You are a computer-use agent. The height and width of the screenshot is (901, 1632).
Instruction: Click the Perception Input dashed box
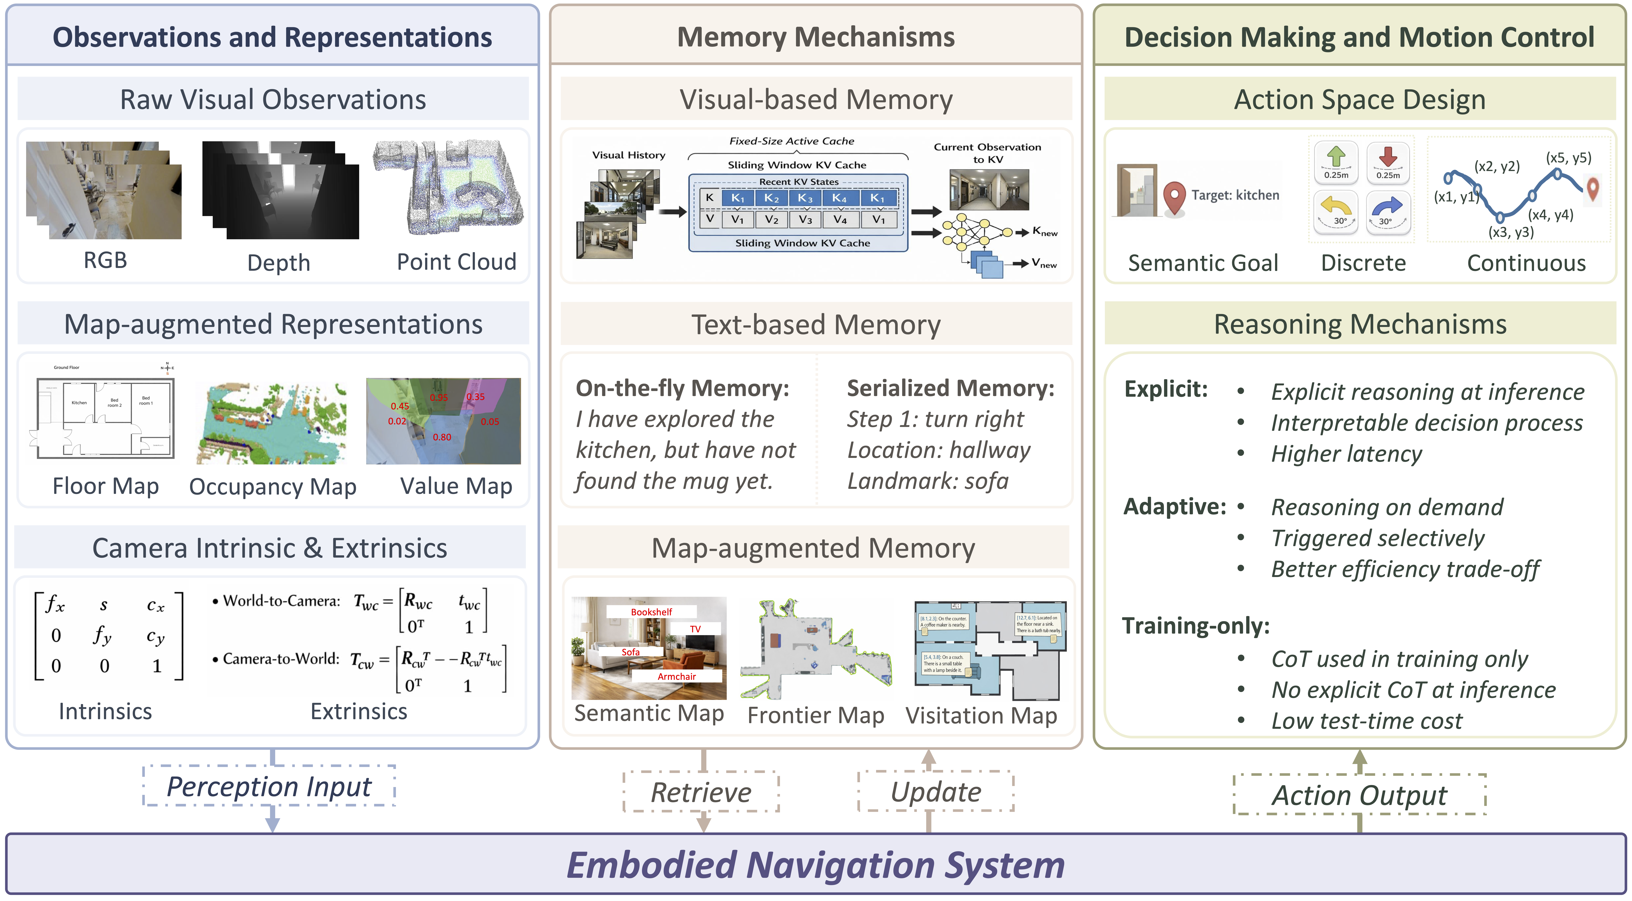pos(269,786)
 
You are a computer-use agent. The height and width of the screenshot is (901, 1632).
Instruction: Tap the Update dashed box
pos(936,791)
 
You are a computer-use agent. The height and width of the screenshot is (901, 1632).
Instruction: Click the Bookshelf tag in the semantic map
pos(651,611)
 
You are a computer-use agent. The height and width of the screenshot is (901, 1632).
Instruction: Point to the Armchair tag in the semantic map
pos(677,676)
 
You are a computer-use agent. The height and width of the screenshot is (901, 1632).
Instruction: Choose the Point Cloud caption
pos(456,262)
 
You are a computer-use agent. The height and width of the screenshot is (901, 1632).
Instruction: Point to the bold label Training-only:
pos(1196,625)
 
